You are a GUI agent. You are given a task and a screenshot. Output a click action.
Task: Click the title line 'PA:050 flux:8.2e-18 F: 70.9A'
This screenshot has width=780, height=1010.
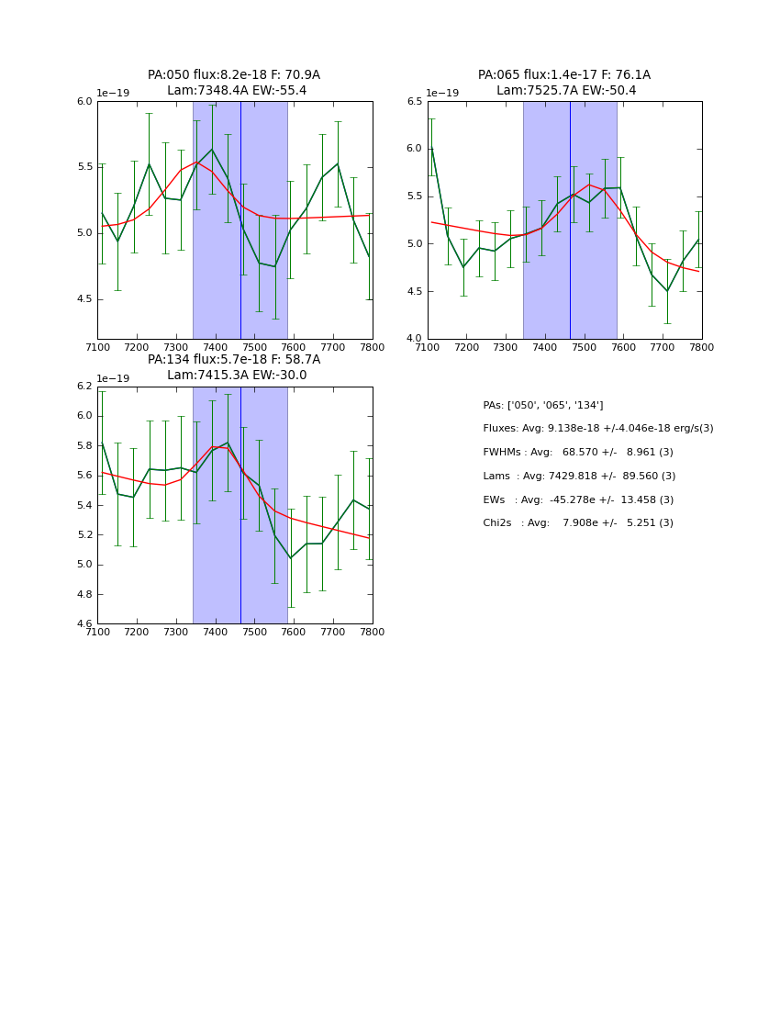(234, 75)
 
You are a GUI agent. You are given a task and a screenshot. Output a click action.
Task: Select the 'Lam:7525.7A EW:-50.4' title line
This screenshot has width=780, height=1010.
(565, 91)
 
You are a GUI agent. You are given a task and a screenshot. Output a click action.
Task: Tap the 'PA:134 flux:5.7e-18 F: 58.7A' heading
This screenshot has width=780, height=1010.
(234, 360)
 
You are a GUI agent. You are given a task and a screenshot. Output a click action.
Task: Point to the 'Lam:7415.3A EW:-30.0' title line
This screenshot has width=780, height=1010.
(236, 376)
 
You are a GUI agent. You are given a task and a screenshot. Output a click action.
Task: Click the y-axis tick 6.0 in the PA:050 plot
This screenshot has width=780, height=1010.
(84, 101)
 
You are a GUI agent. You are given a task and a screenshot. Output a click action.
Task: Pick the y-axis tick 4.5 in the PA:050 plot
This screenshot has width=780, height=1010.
(84, 299)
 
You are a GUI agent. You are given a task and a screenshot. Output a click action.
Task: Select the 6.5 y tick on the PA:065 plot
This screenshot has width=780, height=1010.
(414, 101)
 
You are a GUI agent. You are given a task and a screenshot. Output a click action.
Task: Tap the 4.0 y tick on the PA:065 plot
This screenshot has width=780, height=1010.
(414, 339)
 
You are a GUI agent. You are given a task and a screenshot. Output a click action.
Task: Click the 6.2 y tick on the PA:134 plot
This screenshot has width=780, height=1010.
(84, 387)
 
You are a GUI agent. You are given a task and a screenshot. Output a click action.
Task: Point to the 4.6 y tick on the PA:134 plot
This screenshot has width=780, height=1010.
(84, 624)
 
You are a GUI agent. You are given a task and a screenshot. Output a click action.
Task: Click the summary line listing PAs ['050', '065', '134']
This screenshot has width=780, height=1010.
(543, 406)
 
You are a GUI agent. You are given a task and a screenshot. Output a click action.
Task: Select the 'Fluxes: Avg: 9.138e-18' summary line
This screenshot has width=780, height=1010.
(598, 429)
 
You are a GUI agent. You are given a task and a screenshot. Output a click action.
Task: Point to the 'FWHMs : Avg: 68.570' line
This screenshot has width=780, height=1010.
(578, 453)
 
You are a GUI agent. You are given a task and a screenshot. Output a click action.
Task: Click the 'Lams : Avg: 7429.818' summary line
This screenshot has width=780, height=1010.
(579, 477)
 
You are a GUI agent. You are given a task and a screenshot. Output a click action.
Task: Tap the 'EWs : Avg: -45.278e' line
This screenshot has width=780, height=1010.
(578, 500)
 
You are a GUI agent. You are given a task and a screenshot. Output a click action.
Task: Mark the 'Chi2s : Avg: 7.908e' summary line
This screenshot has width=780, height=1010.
(578, 523)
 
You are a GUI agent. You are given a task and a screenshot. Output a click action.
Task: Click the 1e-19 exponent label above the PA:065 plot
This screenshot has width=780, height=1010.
(441, 94)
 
